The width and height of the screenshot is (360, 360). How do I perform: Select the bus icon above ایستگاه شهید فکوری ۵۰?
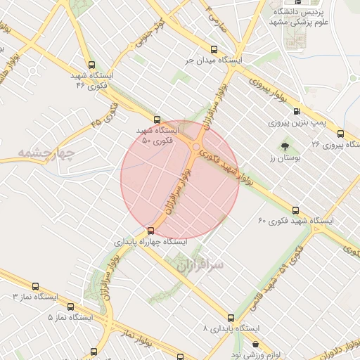click(157, 120)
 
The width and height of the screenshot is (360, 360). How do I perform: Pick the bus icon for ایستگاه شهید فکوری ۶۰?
click(295, 210)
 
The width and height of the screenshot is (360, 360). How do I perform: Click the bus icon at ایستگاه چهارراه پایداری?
click(150, 230)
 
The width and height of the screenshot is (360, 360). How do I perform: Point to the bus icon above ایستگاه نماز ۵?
click(70, 307)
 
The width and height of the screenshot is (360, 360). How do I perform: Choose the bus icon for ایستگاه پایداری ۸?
click(231, 317)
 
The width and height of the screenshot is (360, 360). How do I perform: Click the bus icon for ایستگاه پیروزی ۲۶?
click(340, 133)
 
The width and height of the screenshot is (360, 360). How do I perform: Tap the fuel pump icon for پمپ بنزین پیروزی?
click(297, 111)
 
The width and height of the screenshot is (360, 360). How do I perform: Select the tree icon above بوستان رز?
click(285, 148)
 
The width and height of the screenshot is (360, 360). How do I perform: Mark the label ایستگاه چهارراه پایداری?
click(151, 241)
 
